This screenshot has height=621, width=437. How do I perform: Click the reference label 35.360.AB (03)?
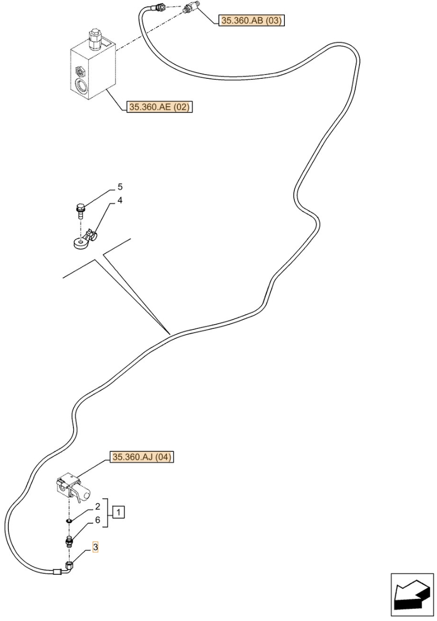point(252,20)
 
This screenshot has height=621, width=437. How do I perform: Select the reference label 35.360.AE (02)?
point(159,107)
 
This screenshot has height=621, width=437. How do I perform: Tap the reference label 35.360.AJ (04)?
point(142,457)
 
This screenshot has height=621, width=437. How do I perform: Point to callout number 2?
point(98,506)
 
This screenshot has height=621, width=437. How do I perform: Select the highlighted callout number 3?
point(95,548)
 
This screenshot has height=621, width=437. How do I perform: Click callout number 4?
point(120,200)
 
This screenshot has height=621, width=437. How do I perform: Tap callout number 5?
point(120,187)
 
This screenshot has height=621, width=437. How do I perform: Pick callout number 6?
point(98,520)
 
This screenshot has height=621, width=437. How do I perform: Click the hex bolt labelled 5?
point(80,210)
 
